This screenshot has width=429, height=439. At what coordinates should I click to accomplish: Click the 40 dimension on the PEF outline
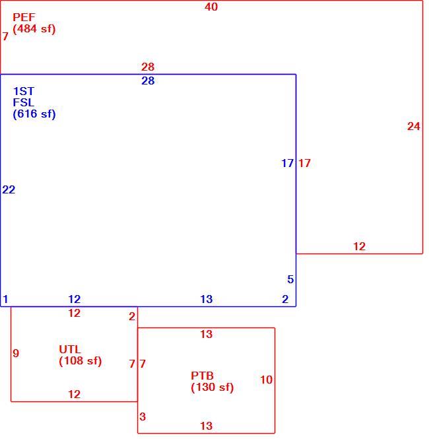point(211,7)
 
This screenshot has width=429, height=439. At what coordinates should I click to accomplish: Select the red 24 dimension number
point(414,126)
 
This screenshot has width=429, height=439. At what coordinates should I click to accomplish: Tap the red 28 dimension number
point(148,67)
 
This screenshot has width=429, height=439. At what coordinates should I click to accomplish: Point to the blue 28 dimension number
point(148,81)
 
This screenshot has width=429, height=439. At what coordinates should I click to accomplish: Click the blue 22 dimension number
point(9,190)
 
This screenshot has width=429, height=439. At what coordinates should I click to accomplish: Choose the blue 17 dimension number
point(287,163)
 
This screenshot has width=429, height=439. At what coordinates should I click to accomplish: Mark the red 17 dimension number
point(304,163)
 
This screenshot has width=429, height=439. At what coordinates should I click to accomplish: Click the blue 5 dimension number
point(290,279)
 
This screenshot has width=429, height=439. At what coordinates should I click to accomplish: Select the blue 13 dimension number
point(207,299)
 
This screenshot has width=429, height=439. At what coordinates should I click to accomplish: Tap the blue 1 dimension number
point(5,299)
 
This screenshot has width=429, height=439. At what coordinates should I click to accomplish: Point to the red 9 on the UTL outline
point(16,353)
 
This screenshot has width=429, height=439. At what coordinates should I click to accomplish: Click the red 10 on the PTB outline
point(266,380)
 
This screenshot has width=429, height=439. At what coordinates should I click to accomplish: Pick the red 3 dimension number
point(143,417)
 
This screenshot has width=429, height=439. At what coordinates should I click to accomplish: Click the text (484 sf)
point(34,29)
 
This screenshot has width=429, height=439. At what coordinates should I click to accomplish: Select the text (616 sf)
point(34,114)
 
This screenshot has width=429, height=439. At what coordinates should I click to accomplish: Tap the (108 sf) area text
point(81,361)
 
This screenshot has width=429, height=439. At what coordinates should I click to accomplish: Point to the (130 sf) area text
point(212,388)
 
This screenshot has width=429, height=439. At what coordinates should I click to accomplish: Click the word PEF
point(24,17)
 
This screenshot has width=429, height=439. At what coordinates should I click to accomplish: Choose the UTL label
point(70,349)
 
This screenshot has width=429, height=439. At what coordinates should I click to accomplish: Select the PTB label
point(202,376)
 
